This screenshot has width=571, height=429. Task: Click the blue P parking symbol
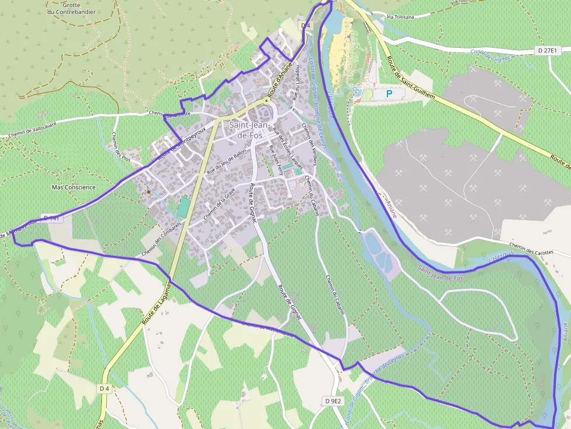point(390,93)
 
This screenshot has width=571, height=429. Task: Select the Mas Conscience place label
point(73,187)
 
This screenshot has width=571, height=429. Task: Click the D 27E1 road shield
point(548,51)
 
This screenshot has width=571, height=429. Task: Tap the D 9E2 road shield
point(333,401)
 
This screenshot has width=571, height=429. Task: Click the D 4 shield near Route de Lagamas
point(105,388)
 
